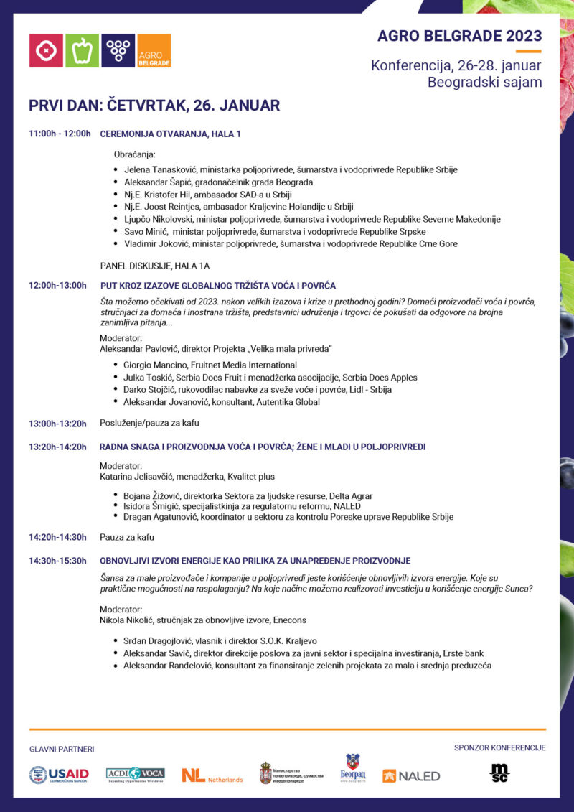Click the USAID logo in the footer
[59, 774]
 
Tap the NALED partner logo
[411, 775]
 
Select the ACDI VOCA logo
[136, 773]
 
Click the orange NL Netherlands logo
[212, 775]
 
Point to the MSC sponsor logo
[499, 773]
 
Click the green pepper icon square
[82, 50]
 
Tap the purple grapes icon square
[118, 50]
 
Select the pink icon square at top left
[46, 50]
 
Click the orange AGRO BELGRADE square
[154, 50]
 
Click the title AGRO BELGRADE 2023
[459, 36]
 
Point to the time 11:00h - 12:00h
[60, 134]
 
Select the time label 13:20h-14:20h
[57, 447]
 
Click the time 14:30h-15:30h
[57, 560]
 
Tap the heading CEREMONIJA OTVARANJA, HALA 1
[170, 134]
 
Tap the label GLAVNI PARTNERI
[62, 749]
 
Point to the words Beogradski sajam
[484, 83]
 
